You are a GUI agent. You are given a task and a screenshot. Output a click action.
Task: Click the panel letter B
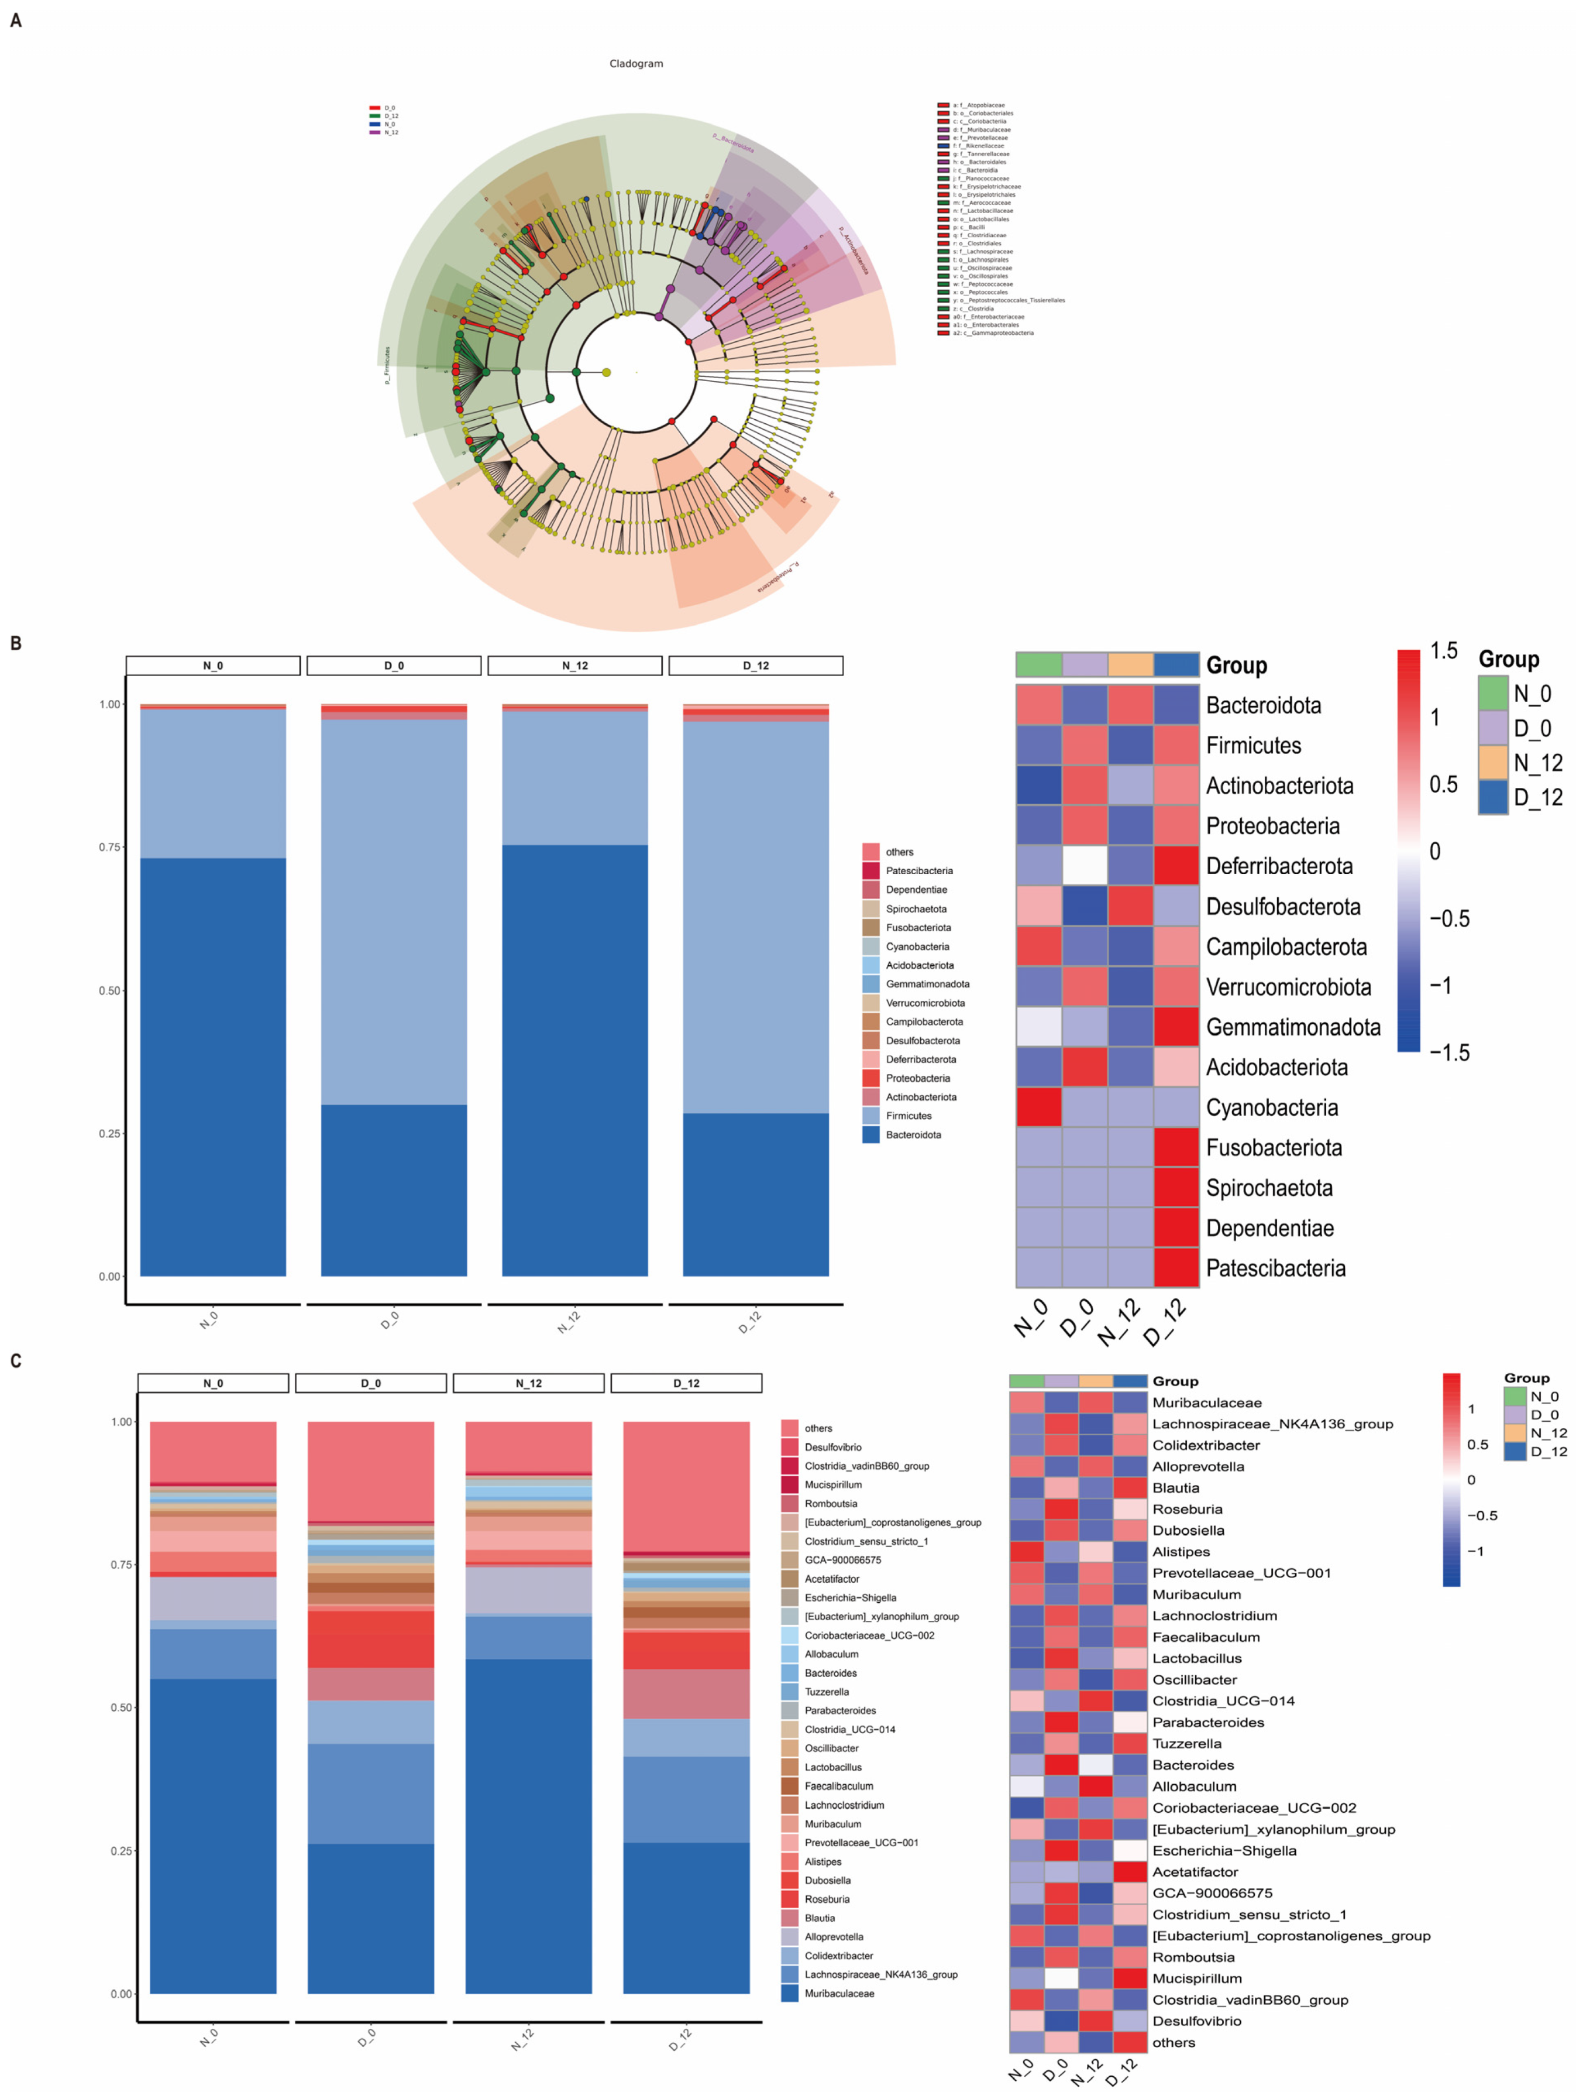coord(15,643)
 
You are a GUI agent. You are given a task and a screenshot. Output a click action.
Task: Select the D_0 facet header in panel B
coord(393,666)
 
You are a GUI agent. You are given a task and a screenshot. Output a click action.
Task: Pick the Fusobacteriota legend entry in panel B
coord(917,928)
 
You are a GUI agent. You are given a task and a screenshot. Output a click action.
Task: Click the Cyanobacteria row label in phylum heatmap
coord(1272,1107)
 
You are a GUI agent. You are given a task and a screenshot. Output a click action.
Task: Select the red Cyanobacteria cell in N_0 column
coord(1039,1107)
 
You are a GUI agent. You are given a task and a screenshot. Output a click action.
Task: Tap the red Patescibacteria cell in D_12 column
coord(1176,1268)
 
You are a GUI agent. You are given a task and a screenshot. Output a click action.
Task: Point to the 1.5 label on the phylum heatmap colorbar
coord(1444,651)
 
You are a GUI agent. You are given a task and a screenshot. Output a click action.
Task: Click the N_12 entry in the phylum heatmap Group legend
coord(1537,762)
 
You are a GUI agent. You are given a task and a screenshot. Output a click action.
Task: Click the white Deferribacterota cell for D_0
coord(1085,865)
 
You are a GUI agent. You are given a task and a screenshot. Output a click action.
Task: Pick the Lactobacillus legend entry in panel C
coord(832,1767)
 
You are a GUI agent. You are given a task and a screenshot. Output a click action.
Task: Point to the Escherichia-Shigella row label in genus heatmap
coord(1223,1851)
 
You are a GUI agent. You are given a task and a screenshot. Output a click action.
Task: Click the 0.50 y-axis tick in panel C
coord(122,1708)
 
